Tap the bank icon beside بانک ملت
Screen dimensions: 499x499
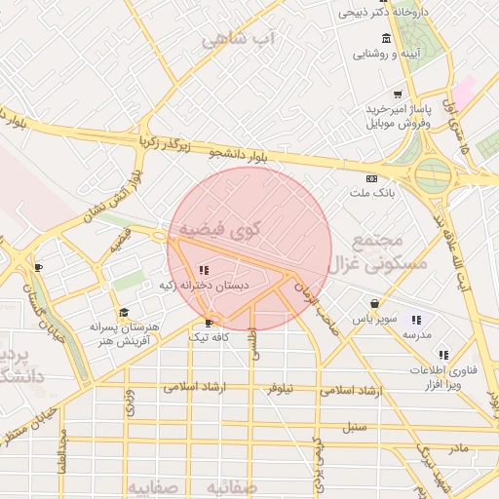tap(370, 179)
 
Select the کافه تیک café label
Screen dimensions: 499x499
tap(209, 336)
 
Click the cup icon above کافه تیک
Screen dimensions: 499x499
tap(209, 323)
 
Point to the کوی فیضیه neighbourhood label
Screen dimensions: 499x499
tap(219, 230)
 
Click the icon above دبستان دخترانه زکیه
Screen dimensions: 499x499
tap(204, 270)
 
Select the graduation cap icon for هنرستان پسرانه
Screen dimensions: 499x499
tap(123, 313)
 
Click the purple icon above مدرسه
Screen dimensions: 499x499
tap(416, 320)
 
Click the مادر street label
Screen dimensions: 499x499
tap(458, 447)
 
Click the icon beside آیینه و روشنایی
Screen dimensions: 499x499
tap(387, 39)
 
